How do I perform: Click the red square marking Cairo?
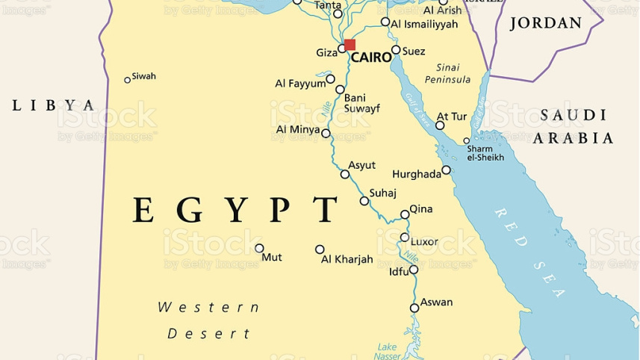click(349, 45)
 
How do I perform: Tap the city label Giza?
click(326, 52)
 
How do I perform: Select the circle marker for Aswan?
click(414, 308)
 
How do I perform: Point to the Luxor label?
click(424, 241)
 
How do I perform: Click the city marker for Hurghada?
click(447, 170)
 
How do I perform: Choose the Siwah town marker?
click(128, 80)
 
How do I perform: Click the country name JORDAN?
click(545, 23)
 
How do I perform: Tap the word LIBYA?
click(54, 105)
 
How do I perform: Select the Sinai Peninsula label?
click(448, 73)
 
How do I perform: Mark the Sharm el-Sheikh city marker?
click(467, 140)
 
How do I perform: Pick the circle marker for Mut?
click(260, 248)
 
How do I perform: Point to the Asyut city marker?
click(345, 175)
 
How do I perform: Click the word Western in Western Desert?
click(209, 307)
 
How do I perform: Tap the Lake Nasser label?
click(388, 352)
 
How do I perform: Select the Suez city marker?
click(396, 50)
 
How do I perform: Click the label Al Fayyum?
click(300, 83)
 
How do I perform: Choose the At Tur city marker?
click(441, 125)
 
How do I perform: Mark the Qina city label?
click(420, 209)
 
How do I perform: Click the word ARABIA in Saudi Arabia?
click(574, 138)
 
